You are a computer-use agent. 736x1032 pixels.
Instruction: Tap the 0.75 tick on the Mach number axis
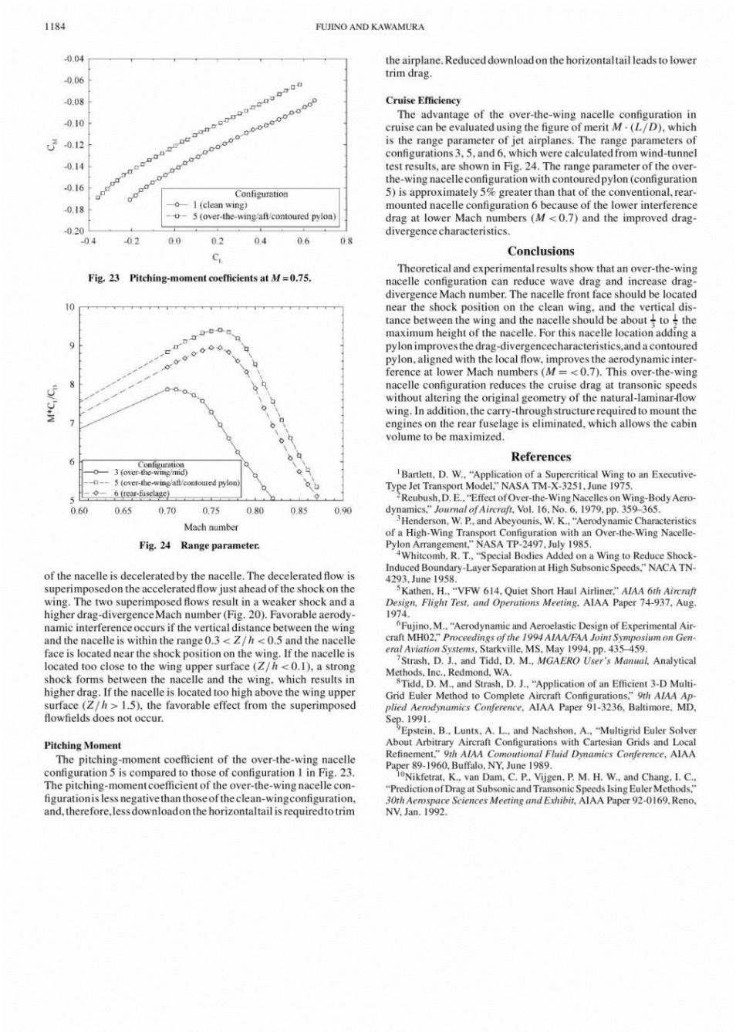(x=211, y=511)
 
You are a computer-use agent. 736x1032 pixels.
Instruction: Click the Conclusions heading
(x=540, y=251)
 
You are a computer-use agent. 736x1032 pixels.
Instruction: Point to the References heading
(x=540, y=457)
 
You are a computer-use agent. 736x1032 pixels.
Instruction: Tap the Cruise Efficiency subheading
(x=423, y=100)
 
